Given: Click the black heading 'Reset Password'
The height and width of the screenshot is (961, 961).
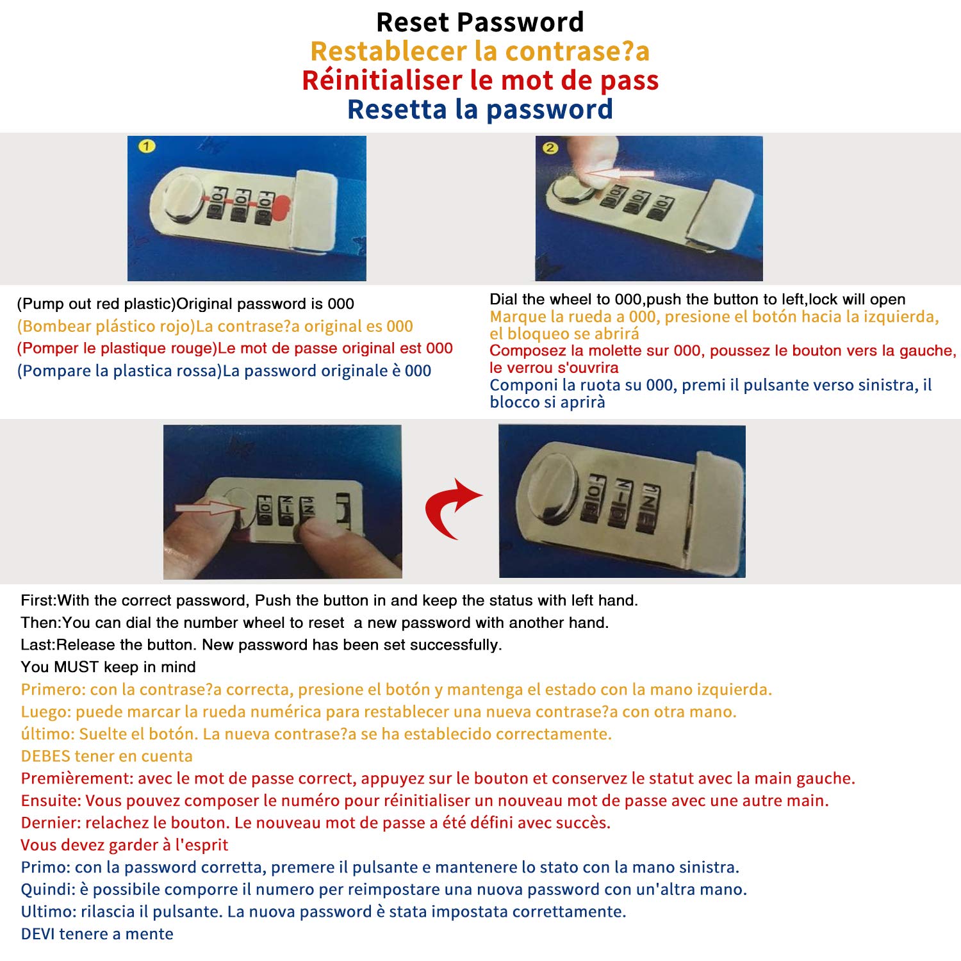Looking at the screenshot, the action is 480,22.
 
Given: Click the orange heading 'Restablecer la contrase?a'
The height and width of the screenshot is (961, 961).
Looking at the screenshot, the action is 480,51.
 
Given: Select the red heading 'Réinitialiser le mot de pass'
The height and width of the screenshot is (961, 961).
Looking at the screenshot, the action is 481,80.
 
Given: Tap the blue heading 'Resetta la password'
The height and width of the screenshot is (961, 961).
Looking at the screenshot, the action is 480,110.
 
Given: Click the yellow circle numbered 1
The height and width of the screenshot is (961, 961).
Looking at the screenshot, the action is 147,147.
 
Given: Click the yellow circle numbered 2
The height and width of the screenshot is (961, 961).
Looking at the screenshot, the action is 550,148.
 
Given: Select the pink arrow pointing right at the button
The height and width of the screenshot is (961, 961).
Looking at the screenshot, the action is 207,508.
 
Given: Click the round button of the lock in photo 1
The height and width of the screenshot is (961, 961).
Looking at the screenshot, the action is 180,200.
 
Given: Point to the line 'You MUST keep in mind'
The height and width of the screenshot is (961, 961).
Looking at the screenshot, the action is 108,667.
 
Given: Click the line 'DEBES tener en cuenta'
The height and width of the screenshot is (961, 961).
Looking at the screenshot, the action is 107,756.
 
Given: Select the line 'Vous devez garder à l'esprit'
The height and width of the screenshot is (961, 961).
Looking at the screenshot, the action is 124,845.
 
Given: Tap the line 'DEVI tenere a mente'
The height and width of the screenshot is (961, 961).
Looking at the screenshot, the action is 97,934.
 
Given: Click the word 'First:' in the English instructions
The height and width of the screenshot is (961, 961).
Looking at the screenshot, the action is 39,600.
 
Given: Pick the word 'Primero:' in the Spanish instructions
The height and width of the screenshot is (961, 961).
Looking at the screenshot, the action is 53,689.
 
